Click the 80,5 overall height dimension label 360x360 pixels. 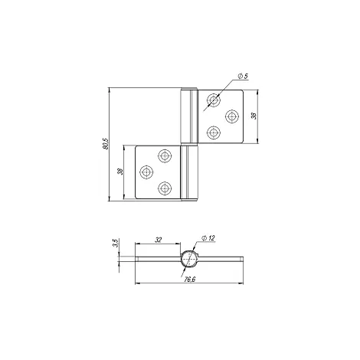(x=106, y=144)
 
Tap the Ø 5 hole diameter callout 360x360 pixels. (x=243, y=76)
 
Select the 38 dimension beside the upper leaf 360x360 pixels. (x=254, y=116)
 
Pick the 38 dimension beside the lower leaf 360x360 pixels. (x=120, y=172)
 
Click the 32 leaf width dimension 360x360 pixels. (x=159, y=240)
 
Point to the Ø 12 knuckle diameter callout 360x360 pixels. (x=208, y=238)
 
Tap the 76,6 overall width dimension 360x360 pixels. (x=190, y=280)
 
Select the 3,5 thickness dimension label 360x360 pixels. (x=116, y=243)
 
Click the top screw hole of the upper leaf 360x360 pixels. (x=214, y=100)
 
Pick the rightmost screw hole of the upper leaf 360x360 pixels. (x=232, y=116)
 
